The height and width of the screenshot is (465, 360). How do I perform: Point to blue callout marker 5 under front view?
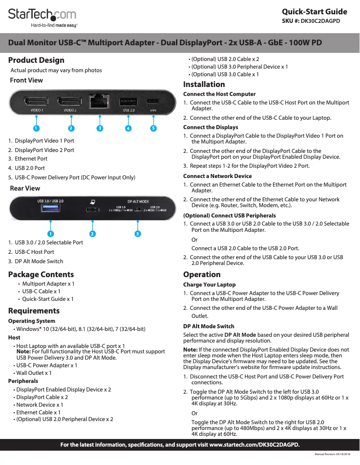(154, 128)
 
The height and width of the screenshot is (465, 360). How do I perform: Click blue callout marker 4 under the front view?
(128, 128)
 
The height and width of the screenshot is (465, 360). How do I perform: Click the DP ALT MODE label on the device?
(138, 202)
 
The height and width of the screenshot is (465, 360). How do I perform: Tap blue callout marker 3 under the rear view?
(138, 234)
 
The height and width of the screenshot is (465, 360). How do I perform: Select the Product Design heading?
(36, 60)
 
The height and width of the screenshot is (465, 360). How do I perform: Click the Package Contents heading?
(41, 274)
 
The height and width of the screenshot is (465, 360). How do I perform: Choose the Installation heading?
(204, 84)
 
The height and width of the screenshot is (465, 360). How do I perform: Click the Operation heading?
(202, 274)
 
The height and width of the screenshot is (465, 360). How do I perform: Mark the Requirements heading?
(34, 311)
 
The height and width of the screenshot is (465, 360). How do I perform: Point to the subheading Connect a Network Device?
(218, 176)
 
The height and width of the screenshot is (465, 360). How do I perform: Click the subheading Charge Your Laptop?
(209, 285)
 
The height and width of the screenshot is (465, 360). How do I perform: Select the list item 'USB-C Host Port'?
(34, 252)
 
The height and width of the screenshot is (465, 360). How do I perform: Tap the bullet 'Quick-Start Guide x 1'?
(48, 299)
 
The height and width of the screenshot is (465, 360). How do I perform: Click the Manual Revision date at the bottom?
(332, 455)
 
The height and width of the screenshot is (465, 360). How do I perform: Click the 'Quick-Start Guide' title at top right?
(314, 12)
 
